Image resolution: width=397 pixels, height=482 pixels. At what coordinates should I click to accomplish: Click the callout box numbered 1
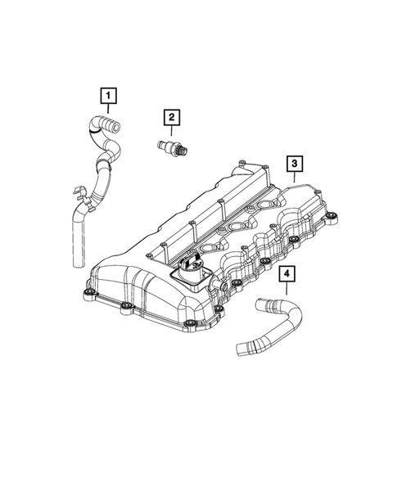pos(106,97)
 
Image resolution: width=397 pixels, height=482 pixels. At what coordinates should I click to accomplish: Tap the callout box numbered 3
pos(292,164)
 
